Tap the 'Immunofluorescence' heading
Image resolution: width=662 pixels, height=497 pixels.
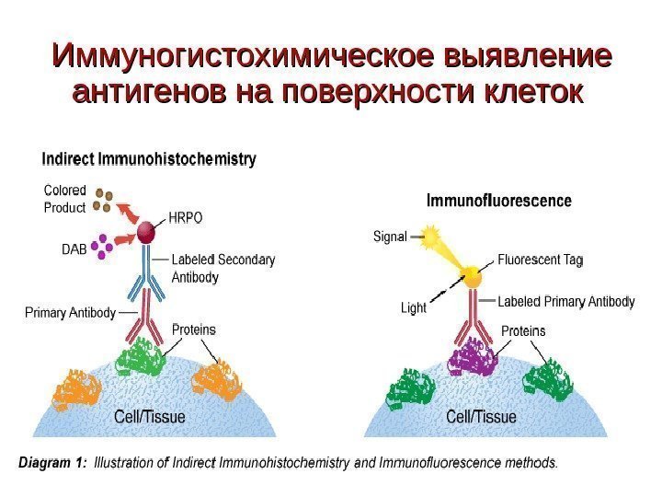click(x=498, y=200)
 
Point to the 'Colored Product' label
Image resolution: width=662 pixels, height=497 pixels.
click(x=64, y=199)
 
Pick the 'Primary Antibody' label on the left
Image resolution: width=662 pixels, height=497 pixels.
click(x=70, y=313)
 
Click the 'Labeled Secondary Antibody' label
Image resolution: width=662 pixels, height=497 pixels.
click(x=223, y=268)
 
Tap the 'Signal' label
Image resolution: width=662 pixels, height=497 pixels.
click(x=390, y=237)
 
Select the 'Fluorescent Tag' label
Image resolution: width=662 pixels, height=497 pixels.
click(x=541, y=260)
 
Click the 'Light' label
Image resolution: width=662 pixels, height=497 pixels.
click(x=414, y=307)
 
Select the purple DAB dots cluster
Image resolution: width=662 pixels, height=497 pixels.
click(x=100, y=246)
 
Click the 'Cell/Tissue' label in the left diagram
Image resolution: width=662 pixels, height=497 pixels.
click(x=149, y=416)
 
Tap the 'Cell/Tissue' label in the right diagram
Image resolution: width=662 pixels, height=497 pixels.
click(x=481, y=416)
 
